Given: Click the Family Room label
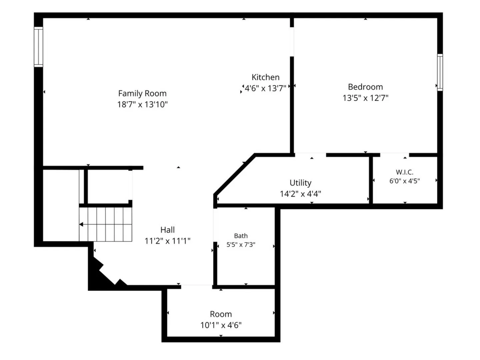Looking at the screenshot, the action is (x=142, y=94).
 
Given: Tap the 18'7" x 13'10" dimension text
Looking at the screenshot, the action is (x=142, y=104).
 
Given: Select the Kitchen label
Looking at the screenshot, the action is (x=265, y=77).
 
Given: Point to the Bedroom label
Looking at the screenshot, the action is (x=365, y=87).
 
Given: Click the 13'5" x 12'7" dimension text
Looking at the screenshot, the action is (x=365, y=98).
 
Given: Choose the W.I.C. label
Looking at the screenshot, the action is (x=405, y=172).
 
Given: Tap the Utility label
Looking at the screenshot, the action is (x=300, y=183).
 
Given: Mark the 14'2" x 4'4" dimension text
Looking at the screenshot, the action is (x=300, y=194).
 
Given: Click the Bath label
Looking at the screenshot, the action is (x=241, y=236).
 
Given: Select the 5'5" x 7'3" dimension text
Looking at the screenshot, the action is (x=241, y=245).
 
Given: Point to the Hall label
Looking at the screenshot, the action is (x=168, y=230).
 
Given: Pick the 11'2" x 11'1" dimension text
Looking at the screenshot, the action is (x=168, y=241).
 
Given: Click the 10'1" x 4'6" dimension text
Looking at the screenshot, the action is (x=221, y=325).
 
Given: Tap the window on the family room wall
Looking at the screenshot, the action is (x=38, y=47).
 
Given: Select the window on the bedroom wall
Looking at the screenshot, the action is (x=440, y=72).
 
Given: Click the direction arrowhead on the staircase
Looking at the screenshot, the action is (x=81, y=224).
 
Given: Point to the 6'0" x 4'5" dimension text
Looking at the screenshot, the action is (x=405, y=181).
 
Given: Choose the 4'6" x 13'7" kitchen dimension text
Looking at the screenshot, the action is (x=265, y=88).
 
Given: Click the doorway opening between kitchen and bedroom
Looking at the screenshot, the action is (x=292, y=42).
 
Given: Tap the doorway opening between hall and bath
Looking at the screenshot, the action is (x=215, y=225).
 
